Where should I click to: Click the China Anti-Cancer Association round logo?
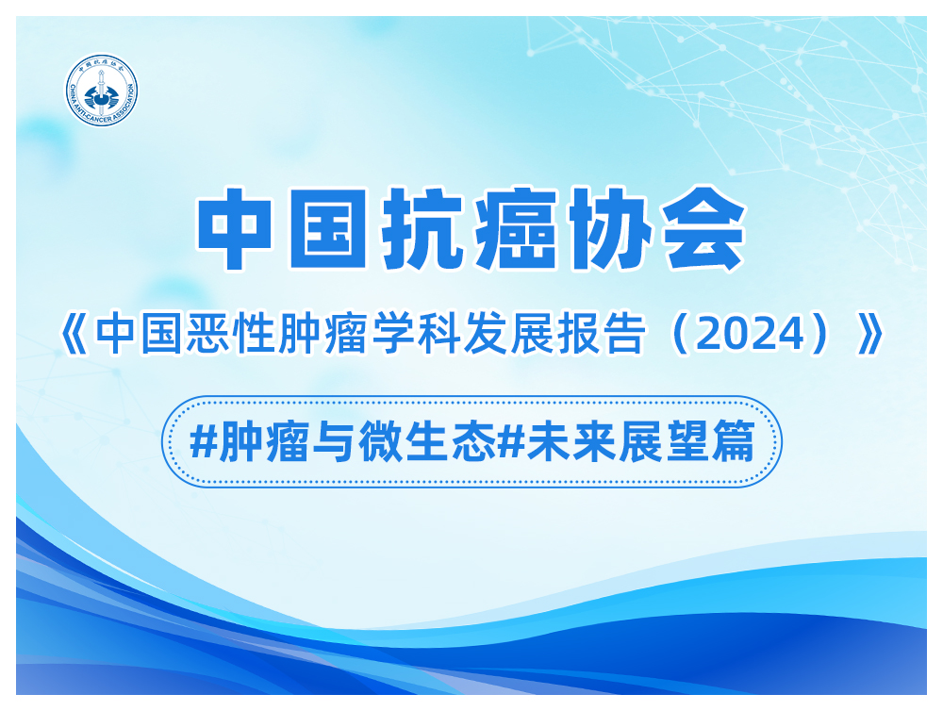pos(102,91)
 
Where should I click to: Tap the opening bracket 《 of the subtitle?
pos(74,334)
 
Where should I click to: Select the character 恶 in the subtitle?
pos(207,333)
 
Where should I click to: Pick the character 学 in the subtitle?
pos(392,333)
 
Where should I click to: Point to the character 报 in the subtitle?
pos(578,333)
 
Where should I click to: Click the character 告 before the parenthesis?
pos(624,333)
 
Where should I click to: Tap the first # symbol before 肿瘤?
pos(204,441)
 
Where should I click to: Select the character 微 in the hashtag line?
pos(380,441)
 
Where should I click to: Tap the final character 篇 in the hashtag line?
pos(735,441)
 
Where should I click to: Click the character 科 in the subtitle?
pos(439,333)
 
